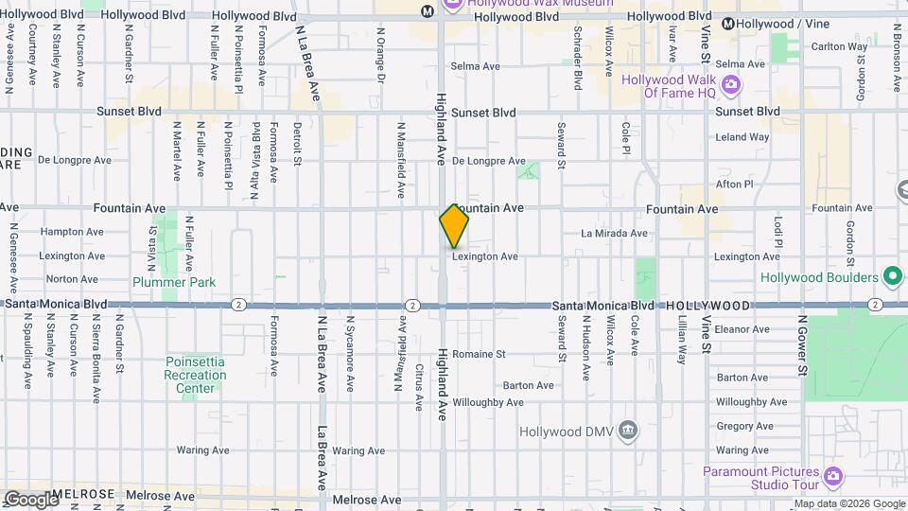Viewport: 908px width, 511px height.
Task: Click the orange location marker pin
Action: [x=454, y=226]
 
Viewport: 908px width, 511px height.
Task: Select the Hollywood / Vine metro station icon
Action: [x=728, y=24]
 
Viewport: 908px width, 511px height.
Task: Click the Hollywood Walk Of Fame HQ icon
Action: [x=730, y=86]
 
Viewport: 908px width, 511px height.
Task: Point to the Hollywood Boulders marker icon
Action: [x=892, y=277]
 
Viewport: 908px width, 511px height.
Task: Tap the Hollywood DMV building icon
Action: [x=626, y=432]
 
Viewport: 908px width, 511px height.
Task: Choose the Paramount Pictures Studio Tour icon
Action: [x=832, y=475]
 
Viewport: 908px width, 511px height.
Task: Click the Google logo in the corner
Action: [x=31, y=499]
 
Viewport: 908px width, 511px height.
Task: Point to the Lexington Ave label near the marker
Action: [x=484, y=256]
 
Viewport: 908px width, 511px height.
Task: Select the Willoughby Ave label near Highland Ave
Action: [x=487, y=402]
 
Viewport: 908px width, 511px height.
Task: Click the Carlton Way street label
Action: [x=839, y=46]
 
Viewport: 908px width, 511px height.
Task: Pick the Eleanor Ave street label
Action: [x=742, y=329]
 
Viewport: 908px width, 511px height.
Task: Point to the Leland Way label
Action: [x=742, y=137]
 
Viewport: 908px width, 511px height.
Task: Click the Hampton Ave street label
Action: [x=72, y=232]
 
